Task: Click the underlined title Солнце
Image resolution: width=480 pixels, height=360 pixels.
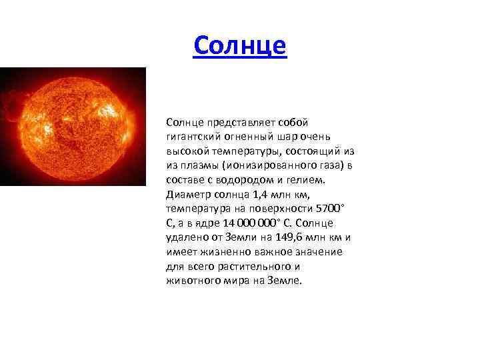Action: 239,45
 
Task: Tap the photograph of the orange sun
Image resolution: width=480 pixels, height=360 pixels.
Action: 73,126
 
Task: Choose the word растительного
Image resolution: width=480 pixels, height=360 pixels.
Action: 239,267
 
